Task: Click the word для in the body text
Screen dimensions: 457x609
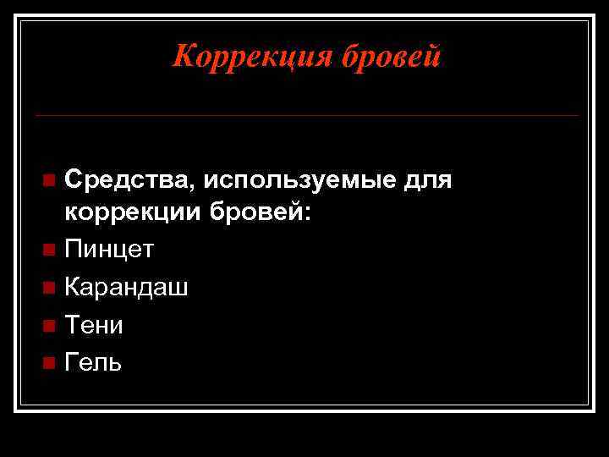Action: (x=429, y=180)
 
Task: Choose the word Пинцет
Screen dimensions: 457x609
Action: (x=109, y=250)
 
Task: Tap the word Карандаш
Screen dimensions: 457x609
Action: (x=127, y=288)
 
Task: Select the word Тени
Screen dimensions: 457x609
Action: (x=94, y=325)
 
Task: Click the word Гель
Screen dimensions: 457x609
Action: (x=93, y=362)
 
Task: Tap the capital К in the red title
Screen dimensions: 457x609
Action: (x=183, y=56)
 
